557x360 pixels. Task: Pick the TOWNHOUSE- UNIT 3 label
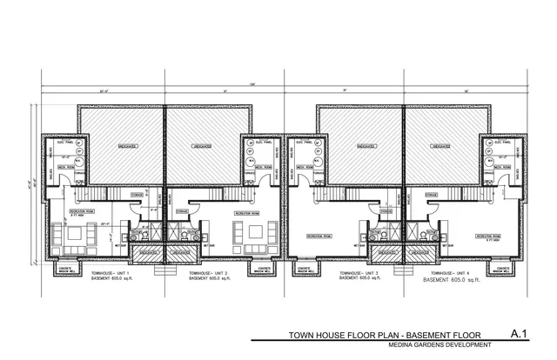click(353, 273)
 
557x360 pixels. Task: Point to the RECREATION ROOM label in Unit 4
click(486, 236)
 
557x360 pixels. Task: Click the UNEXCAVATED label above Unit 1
click(121, 147)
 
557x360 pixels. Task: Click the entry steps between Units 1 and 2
click(165, 267)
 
